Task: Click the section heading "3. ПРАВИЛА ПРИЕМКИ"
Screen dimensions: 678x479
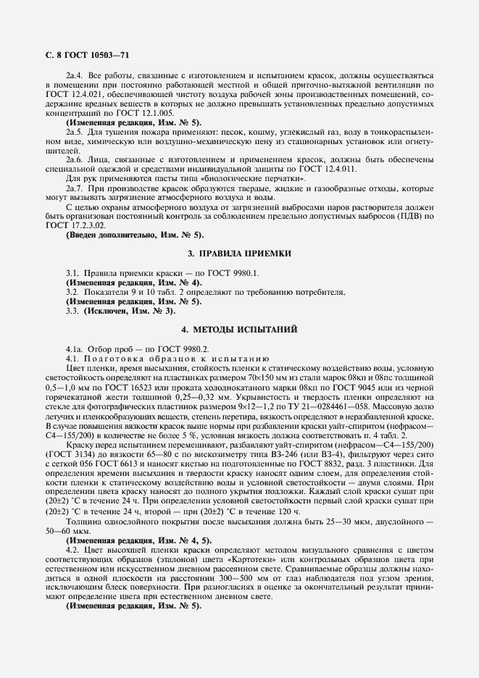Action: pos(239,254)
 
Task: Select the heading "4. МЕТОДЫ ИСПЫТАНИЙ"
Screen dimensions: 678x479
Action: pos(239,330)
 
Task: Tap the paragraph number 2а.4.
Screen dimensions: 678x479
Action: pos(75,75)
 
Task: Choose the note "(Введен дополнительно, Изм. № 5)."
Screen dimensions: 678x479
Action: pos(135,235)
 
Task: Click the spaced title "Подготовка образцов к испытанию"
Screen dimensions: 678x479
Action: pos(178,359)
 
